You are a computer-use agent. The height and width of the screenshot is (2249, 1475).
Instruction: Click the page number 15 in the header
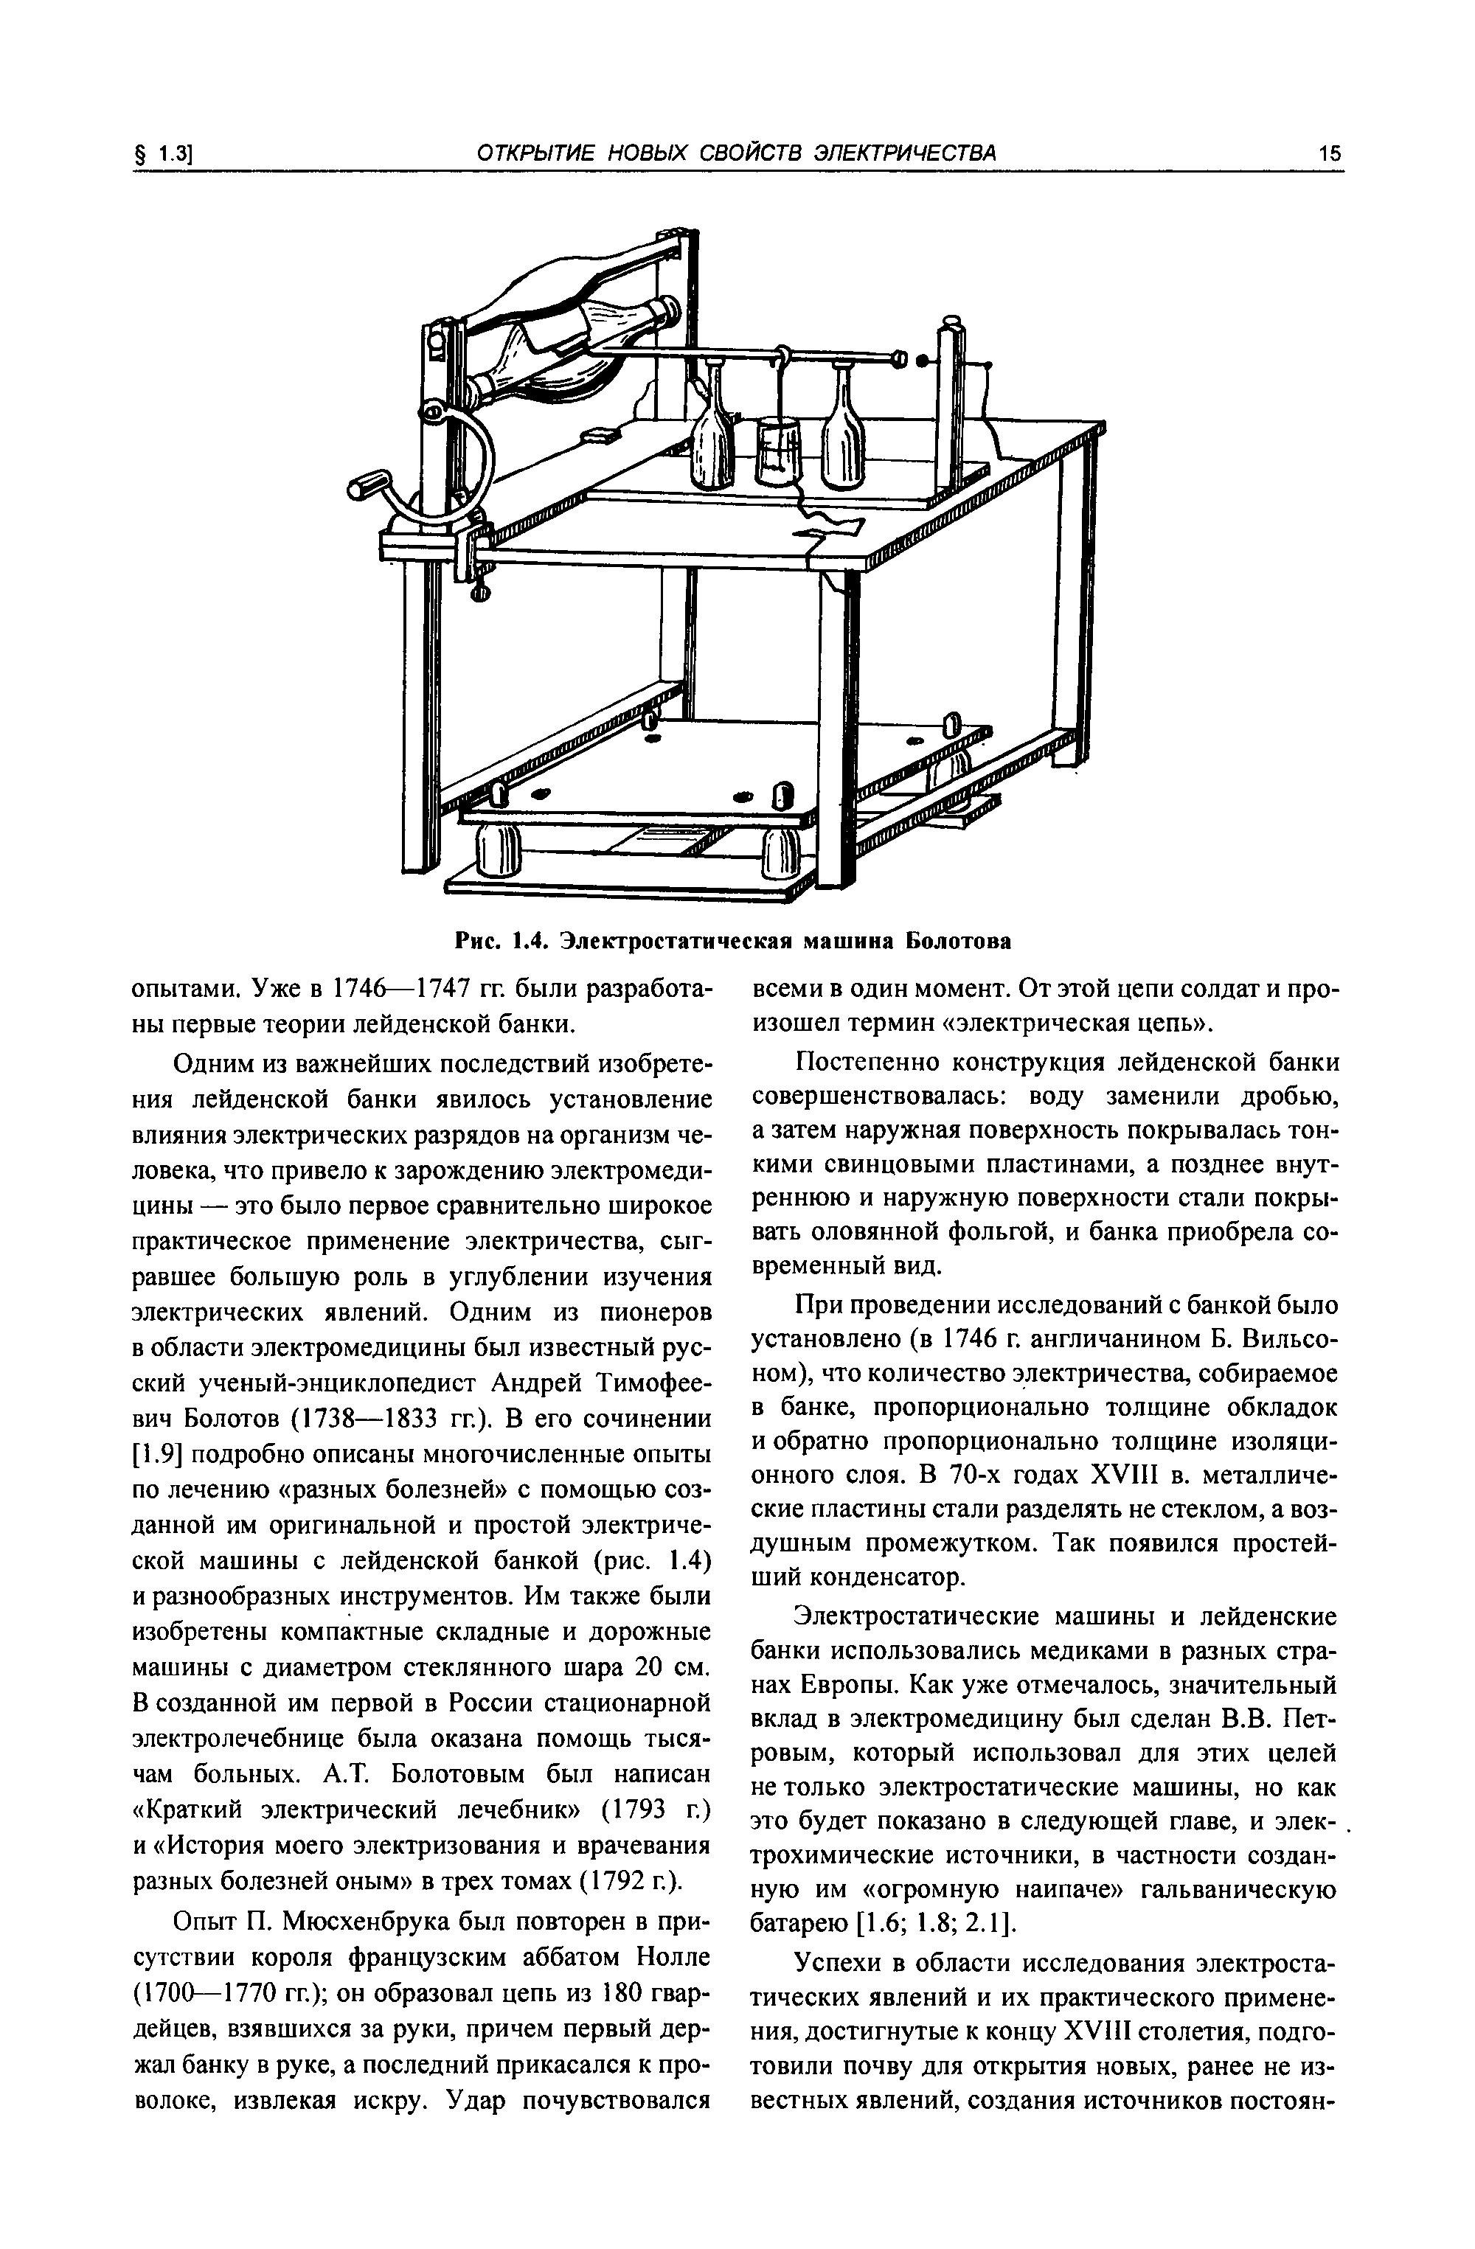pos(1330,153)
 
